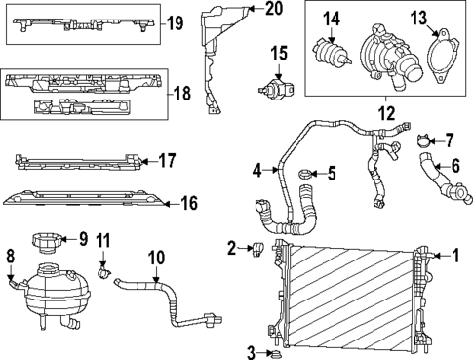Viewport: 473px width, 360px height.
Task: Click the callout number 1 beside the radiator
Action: (x=453, y=256)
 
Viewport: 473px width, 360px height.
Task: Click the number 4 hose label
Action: (x=256, y=171)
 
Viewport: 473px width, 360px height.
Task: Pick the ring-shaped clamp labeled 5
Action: (x=307, y=175)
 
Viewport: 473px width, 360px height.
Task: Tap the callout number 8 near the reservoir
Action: (x=11, y=257)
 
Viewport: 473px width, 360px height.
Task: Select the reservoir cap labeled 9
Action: (x=46, y=239)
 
